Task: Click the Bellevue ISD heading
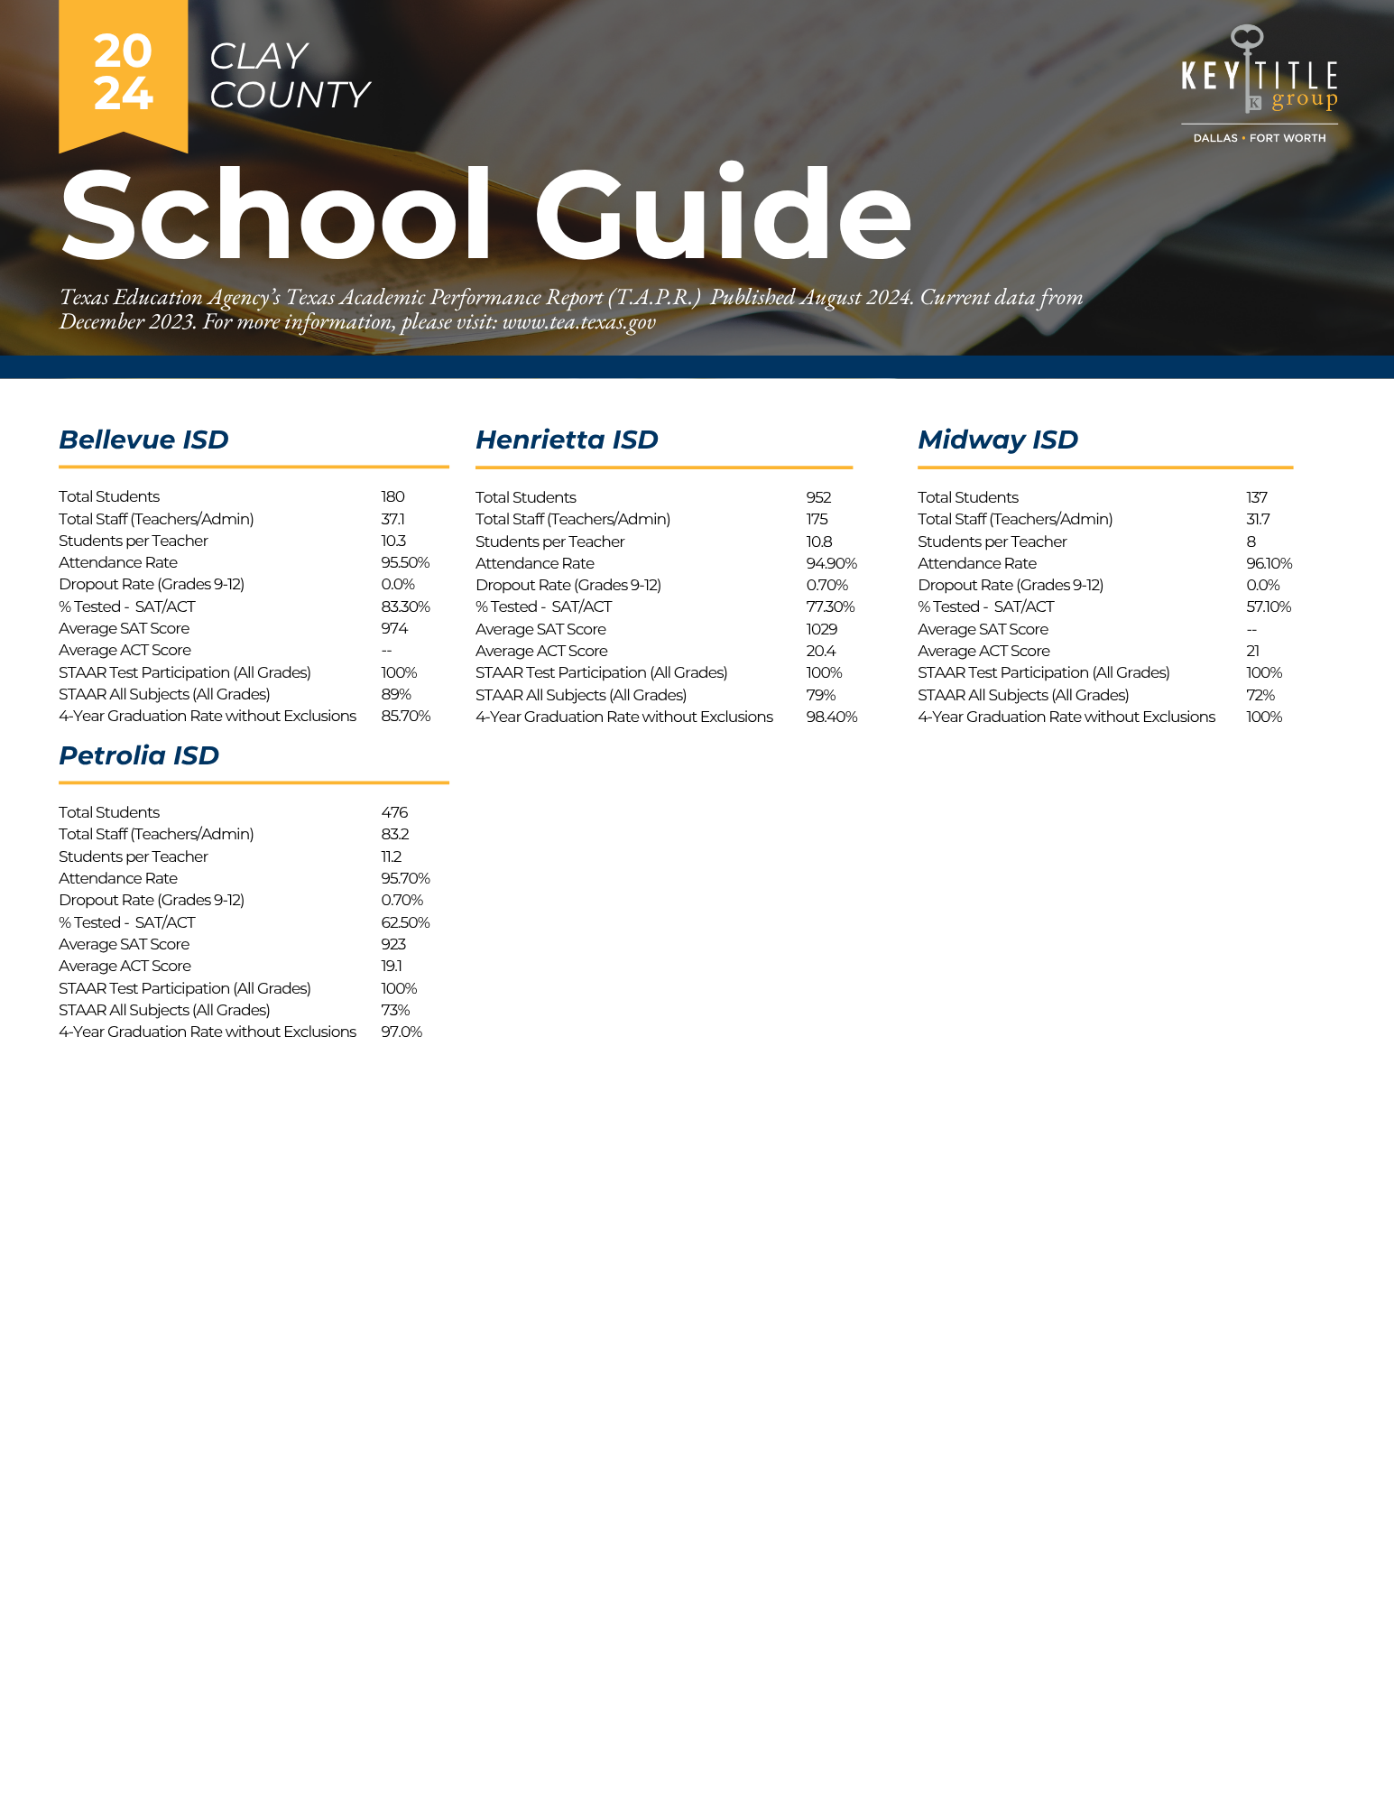(x=143, y=440)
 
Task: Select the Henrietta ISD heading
(x=567, y=440)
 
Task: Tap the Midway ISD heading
(x=997, y=440)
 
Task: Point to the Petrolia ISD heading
(x=139, y=755)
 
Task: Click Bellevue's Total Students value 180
(x=392, y=496)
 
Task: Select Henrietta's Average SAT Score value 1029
(x=821, y=629)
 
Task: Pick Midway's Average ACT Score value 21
(x=1252, y=651)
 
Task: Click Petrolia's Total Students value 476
(x=394, y=812)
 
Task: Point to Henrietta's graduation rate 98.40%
(x=831, y=717)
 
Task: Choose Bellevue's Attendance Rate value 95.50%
(x=405, y=562)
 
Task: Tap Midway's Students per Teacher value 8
(x=1251, y=541)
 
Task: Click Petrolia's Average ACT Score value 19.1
(x=392, y=966)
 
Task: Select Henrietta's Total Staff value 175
(x=817, y=519)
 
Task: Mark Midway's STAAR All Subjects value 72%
(x=1260, y=695)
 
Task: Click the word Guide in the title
(x=722, y=216)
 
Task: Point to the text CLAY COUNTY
(x=289, y=76)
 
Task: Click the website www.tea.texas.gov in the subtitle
(x=578, y=322)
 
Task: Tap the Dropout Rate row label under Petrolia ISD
(x=152, y=900)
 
